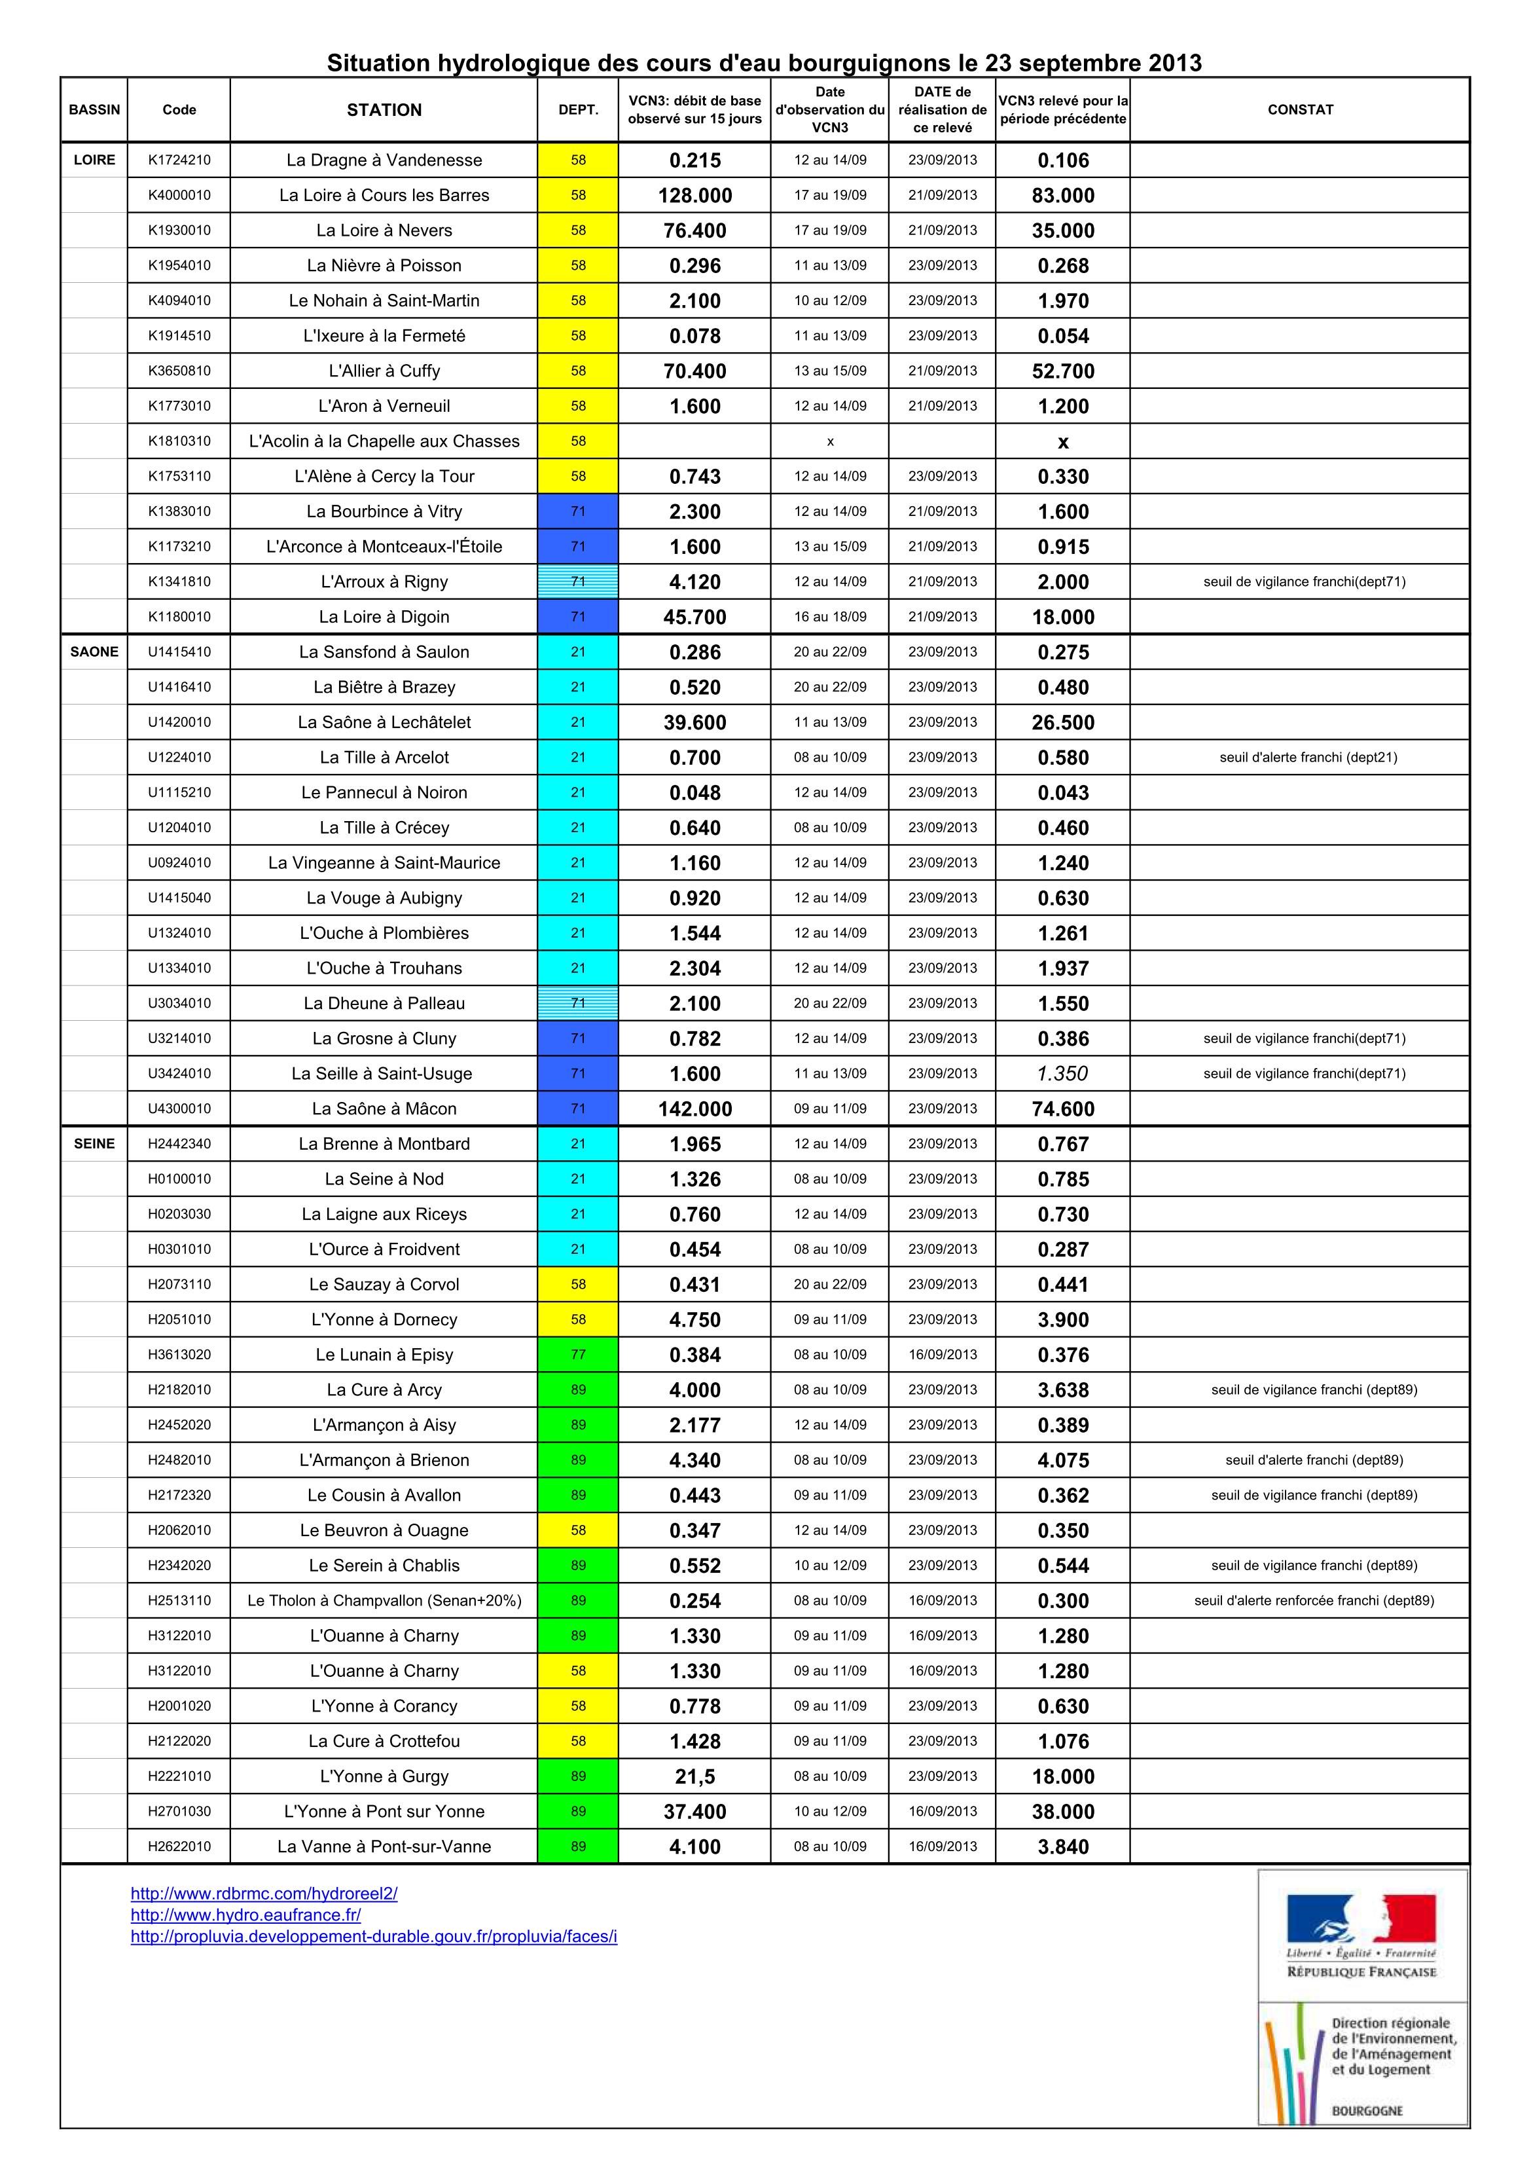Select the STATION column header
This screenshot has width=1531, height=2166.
tap(384, 109)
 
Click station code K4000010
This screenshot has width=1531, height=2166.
tap(179, 195)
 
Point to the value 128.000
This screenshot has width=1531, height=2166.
tap(694, 195)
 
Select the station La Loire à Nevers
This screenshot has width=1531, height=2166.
tap(384, 230)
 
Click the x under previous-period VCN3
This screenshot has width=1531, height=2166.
tap(1062, 441)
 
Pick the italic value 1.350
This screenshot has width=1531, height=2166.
tap(1062, 1074)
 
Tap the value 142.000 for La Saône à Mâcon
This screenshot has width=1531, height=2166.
tap(694, 1109)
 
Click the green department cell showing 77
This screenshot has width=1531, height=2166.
tap(578, 1355)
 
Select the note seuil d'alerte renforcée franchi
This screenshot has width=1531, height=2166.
tap(1313, 1601)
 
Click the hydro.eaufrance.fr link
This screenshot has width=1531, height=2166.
tap(245, 1915)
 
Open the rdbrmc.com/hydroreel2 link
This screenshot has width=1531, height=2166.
tap(264, 1894)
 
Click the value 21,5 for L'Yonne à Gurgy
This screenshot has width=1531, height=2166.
tap(694, 1776)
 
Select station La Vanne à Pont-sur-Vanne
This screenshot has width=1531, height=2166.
tap(384, 1846)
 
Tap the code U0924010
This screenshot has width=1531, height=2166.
tap(179, 862)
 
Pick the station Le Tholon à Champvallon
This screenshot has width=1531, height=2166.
tap(384, 1601)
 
